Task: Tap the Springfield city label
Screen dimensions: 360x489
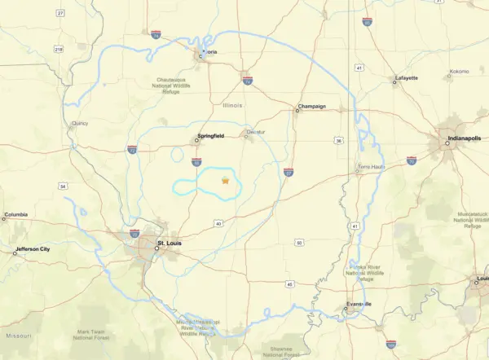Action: point(209,136)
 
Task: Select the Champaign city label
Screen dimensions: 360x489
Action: point(311,106)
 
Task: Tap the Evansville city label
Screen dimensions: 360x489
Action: point(358,304)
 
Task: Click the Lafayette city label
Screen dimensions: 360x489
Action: point(406,78)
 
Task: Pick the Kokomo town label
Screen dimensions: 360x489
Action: point(459,72)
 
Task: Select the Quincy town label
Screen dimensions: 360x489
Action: point(79,124)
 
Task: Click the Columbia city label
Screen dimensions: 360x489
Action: point(15,216)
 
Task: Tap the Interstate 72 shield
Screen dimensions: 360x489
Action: point(132,150)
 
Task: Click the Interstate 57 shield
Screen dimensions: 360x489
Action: point(289,172)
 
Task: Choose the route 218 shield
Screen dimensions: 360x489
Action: point(58,49)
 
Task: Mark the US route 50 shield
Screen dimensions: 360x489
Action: point(299,242)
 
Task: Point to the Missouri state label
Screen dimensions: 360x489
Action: point(19,335)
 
